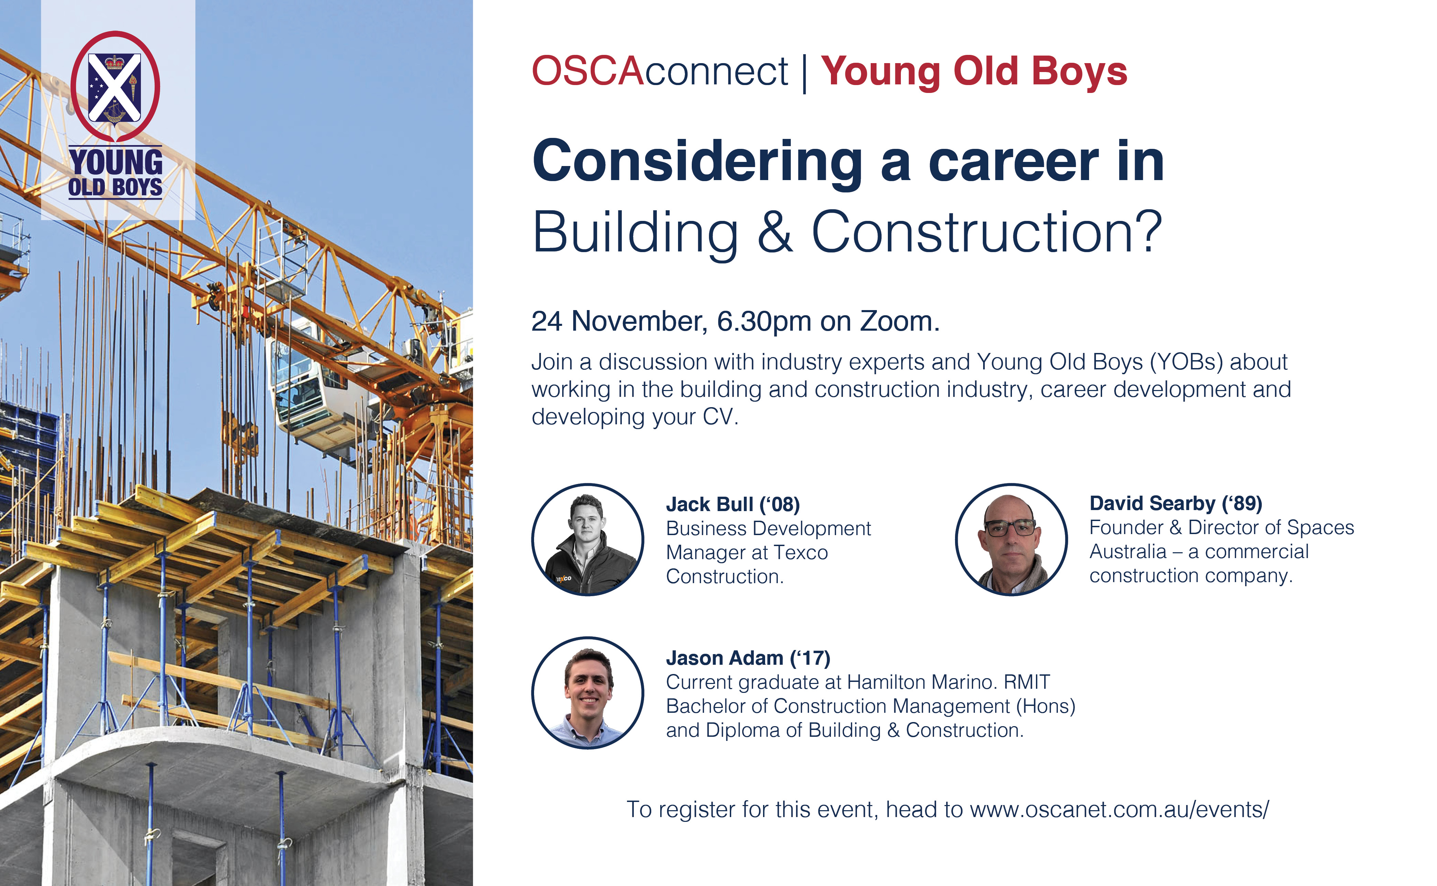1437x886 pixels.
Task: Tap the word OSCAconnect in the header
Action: [660, 71]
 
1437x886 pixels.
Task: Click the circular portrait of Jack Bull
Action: [588, 540]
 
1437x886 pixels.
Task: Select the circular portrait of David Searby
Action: [1011, 540]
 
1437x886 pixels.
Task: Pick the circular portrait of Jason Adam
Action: [588, 693]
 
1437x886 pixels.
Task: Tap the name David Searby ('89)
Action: [1176, 503]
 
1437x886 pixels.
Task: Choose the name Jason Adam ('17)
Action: [748, 658]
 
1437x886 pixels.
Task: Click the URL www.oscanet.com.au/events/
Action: [1119, 809]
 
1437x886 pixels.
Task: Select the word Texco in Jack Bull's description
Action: [800, 553]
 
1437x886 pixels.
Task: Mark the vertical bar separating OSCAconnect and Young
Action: [805, 73]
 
